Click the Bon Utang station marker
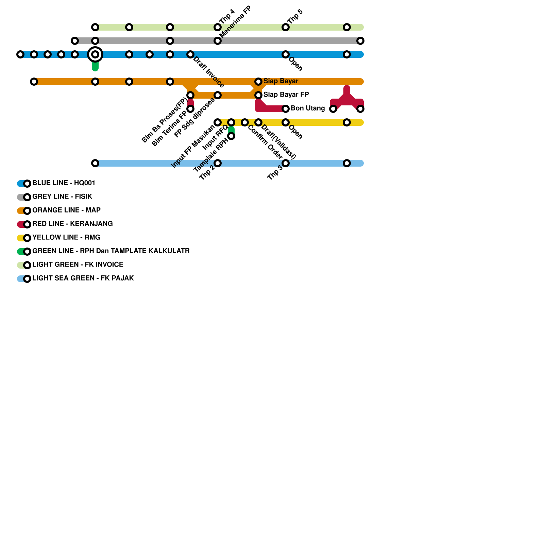[286, 109]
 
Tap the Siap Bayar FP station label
[286, 95]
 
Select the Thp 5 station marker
[286, 27]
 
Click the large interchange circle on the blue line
[95, 54]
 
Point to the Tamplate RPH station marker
[231, 136]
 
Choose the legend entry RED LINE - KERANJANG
[65, 224]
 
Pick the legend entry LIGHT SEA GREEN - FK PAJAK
[75, 278]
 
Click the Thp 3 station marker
[286, 163]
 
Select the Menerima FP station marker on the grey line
[218, 41]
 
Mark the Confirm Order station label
[265, 142]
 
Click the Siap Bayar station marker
[258, 82]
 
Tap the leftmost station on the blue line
[20, 54]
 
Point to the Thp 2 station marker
[218, 163]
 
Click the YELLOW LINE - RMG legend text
[66, 237]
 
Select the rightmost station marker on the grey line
[360, 41]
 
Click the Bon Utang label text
[308, 108]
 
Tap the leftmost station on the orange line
[34, 82]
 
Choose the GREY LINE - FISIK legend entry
[54, 197]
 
